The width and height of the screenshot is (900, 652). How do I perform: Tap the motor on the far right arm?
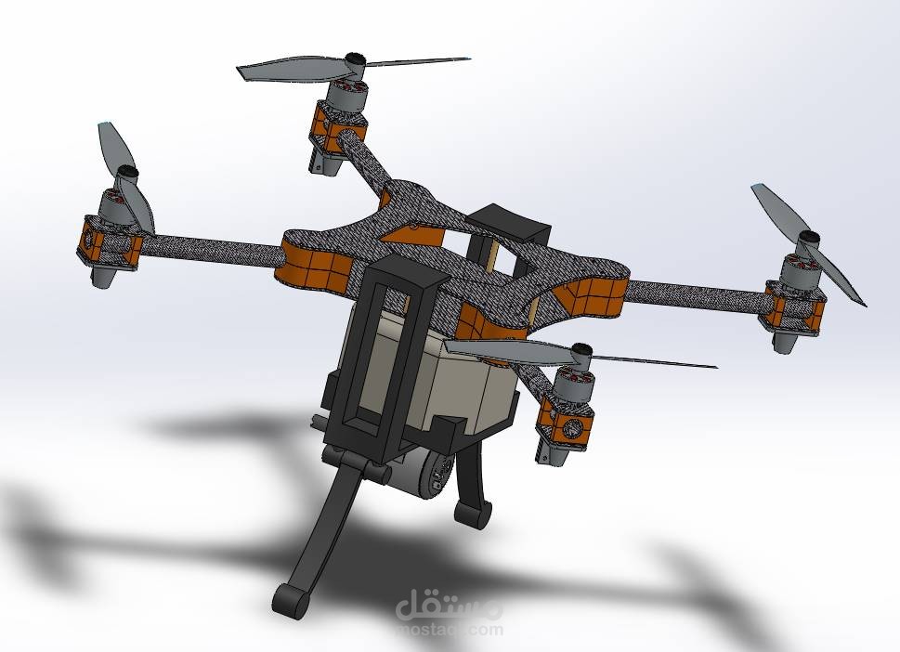point(799,268)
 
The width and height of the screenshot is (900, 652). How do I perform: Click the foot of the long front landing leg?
point(293,600)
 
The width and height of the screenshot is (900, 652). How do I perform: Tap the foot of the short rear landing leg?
point(474,513)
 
